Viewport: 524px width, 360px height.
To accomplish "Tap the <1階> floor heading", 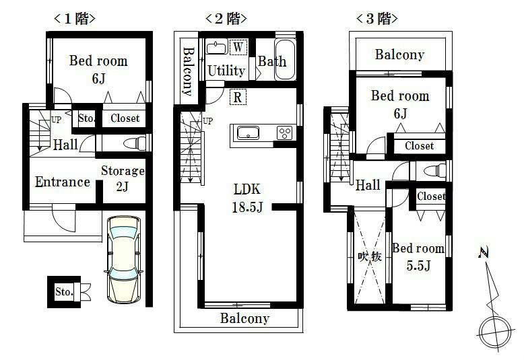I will click(75, 19).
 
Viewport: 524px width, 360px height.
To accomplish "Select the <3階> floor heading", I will click(378, 19).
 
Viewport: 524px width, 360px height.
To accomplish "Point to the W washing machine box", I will click(238, 47).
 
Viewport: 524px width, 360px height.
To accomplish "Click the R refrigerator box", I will click(238, 97).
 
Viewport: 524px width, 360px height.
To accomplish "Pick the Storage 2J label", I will click(123, 178).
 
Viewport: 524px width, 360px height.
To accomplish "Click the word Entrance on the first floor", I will click(63, 182).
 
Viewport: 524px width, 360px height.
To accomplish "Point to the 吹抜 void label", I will click(367, 256).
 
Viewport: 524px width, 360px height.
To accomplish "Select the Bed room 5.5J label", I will click(418, 256).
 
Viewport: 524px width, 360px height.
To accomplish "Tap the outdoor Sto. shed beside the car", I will click(64, 291).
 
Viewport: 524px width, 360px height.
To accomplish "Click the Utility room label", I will click(226, 71).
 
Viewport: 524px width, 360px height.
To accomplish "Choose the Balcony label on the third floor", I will click(399, 55).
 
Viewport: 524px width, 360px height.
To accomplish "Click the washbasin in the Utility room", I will click(216, 47).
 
